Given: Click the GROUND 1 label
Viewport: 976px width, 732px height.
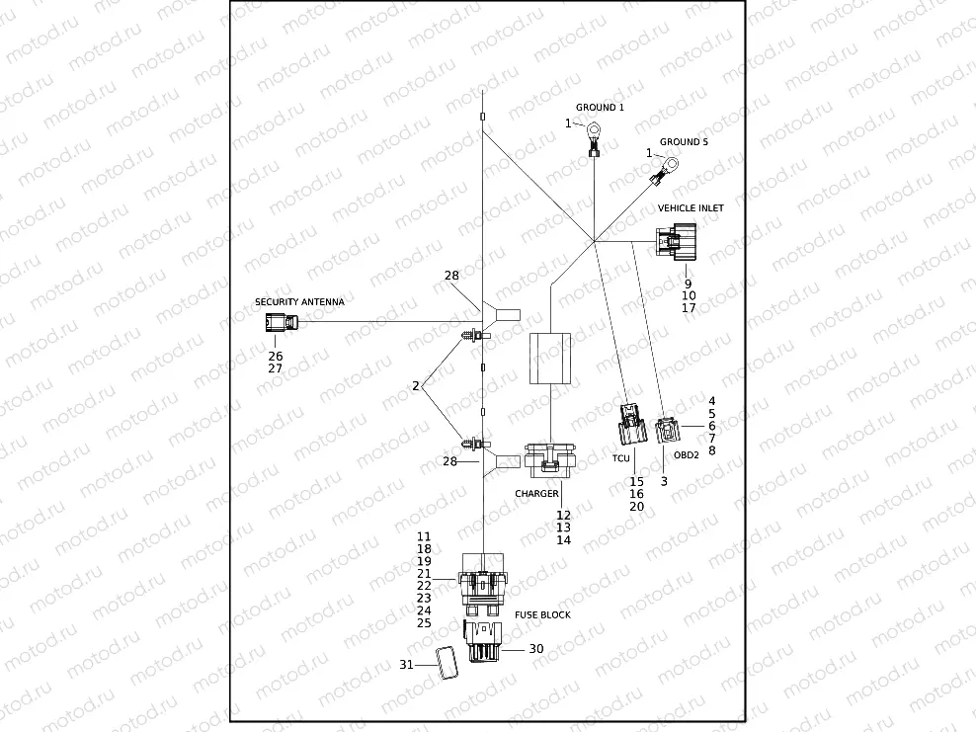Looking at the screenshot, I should [x=600, y=107].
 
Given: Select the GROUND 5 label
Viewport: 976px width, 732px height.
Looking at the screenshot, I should [x=684, y=142].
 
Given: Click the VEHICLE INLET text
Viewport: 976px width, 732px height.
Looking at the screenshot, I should [x=691, y=208].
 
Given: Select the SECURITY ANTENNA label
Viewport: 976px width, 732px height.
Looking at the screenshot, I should [x=299, y=301].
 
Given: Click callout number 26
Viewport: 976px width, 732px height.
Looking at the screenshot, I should [x=275, y=355].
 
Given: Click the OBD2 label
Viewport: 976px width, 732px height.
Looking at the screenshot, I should [x=686, y=455].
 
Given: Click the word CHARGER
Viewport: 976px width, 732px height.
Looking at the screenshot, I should [x=536, y=493].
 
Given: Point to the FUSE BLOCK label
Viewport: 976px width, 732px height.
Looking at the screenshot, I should [x=542, y=614].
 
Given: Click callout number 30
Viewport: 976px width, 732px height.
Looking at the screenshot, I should [x=536, y=649].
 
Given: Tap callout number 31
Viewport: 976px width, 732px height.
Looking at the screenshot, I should [x=406, y=665].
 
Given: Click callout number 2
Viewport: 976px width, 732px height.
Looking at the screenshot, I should [x=417, y=385].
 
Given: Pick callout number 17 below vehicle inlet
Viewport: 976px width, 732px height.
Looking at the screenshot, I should [x=689, y=308].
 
